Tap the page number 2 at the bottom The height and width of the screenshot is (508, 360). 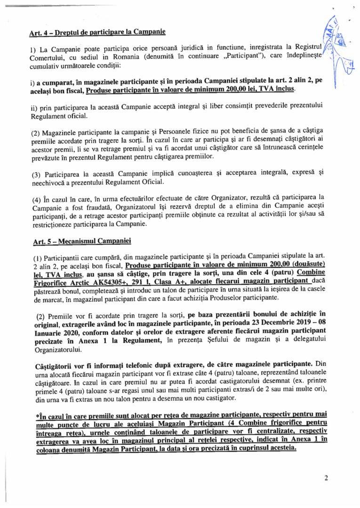pyautogui.click(x=326, y=478)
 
